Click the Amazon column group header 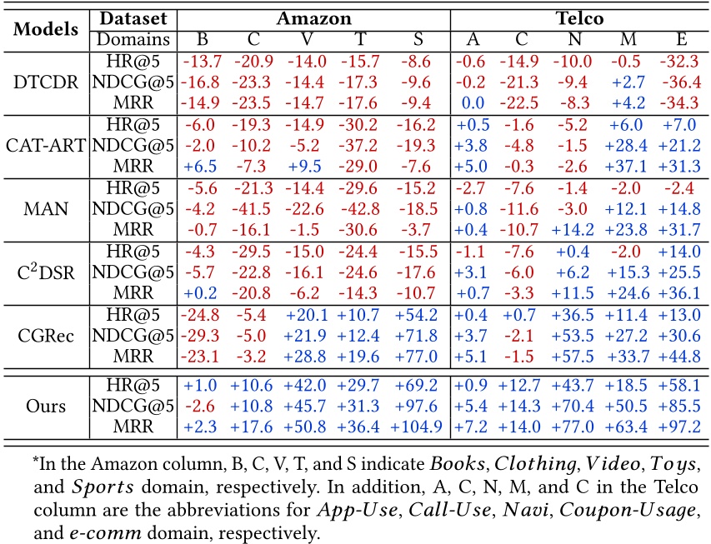tap(313, 17)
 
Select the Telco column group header tap(580, 17)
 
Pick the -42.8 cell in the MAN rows tap(363, 207)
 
